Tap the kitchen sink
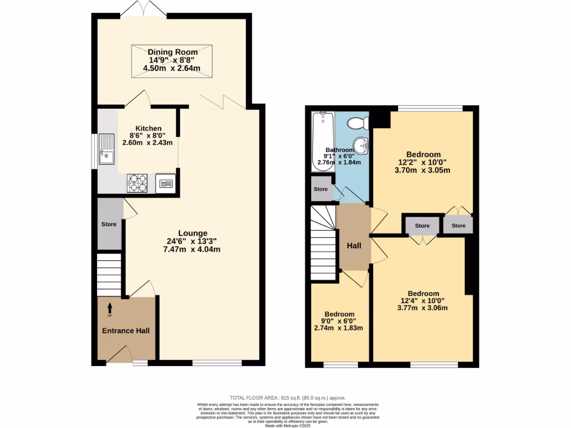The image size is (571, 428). (x=106, y=150)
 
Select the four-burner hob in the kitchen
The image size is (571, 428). (x=138, y=183)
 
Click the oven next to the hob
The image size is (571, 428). (x=165, y=183)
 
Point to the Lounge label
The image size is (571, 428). (x=193, y=233)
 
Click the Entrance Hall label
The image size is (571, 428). (x=125, y=330)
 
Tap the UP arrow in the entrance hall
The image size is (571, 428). (x=109, y=307)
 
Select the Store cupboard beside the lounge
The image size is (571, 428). (x=109, y=224)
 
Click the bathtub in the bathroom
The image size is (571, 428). (x=322, y=140)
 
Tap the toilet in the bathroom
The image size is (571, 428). (x=354, y=123)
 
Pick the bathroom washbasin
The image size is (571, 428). (x=363, y=146)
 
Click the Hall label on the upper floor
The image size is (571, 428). (x=354, y=246)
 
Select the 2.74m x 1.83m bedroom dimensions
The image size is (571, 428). (x=338, y=328)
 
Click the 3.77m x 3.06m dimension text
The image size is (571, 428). (x=423, y=308)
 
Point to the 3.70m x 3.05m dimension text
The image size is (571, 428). (x=423, y=170)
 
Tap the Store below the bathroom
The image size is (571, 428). (x=321, y=189)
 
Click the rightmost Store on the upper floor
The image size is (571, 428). (x=458, y=225)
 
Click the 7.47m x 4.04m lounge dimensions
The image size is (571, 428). (x=193, y=249)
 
